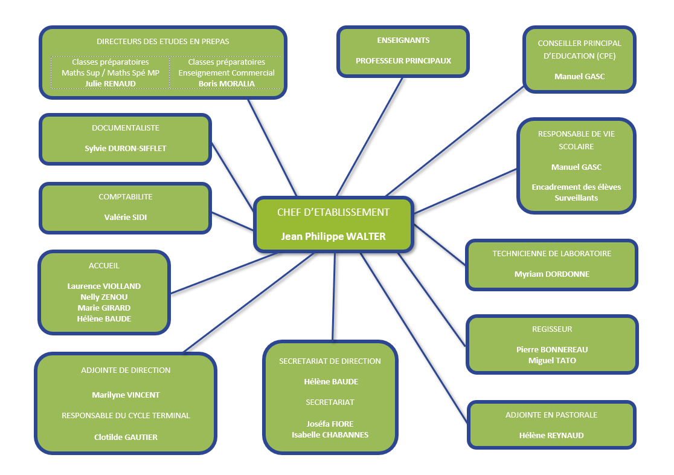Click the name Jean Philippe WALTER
(333, 236)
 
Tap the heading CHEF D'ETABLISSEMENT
(333, 212)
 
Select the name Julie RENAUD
(111, 83)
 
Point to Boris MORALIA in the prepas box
(226, 83)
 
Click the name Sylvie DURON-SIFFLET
(126, 149)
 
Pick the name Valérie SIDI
(126, 218)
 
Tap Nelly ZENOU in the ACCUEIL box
(104, 297)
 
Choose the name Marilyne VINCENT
(126, 395)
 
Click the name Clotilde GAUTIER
(126, 437)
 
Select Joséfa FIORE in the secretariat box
(330, 424)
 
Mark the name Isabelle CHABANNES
(330, 435)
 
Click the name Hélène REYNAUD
(551, 435)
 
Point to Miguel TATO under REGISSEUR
(553, 361)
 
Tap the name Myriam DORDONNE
(552, 274)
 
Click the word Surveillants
(576, 198)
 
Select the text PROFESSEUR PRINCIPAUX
(403, 60)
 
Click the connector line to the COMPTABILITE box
(232, 221)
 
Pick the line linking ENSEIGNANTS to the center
(370, 137)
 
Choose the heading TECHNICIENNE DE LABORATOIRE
(552, 253)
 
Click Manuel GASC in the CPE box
(579, 76)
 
